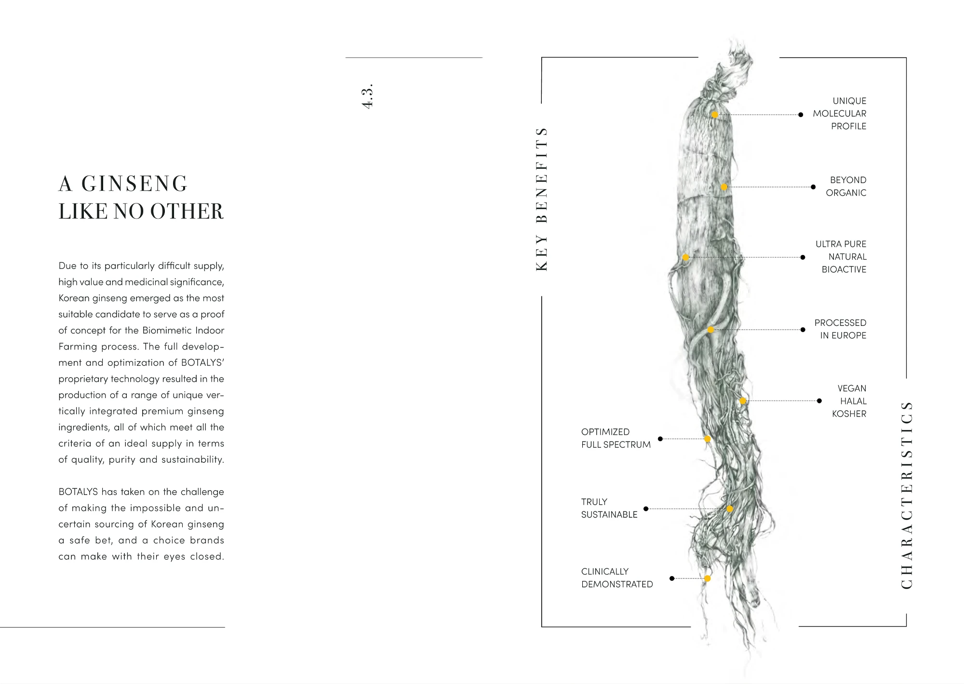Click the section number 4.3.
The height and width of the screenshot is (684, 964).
pos(367,96)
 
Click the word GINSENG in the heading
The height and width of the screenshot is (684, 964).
pos(134,184)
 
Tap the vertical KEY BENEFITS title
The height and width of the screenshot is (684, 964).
pos(542,199)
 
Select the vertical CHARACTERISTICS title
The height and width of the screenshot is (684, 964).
pos(907,495)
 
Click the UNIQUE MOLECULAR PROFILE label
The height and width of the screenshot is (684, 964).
pos(840,114)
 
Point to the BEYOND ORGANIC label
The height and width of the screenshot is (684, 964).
pos(846,187)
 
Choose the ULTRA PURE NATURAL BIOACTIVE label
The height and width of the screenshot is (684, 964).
pos(842,257)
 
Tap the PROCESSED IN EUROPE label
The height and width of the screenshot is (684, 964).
pos(841,329)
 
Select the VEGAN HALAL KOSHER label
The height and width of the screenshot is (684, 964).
pos(849,401)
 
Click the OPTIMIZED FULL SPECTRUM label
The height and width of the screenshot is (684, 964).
pos(616,438)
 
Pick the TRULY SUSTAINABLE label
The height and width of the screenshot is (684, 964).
pos(609,508)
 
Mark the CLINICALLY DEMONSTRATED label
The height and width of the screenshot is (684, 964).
pos(616,577)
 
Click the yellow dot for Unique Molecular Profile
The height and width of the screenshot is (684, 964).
pos(715,115)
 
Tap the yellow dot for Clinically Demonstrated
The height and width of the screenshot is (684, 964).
pos(707,578)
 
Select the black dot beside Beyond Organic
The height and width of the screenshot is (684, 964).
pos(813,187)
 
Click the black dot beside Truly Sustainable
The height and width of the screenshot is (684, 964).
pos(646,509)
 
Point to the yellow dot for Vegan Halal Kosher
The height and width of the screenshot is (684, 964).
pos(743,401)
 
